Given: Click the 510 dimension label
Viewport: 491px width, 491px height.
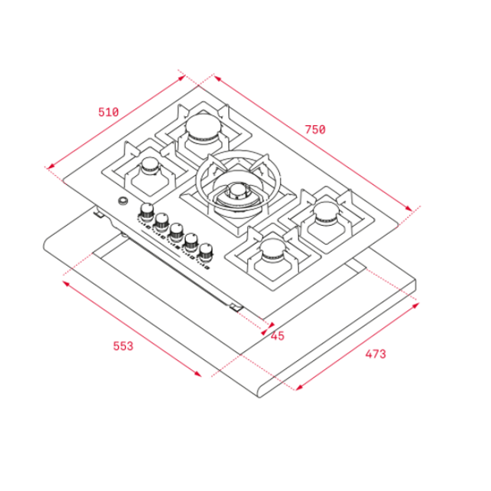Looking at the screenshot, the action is pyautogui.click(x=108, y=112).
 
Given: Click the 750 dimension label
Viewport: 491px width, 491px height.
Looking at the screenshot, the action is pyautogui.click(x=315, y=129).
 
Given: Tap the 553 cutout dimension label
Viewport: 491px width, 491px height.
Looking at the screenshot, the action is pyautogui.click(x=123, y=346).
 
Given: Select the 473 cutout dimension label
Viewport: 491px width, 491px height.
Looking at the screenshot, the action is pyautogui.click(x=376, y=354).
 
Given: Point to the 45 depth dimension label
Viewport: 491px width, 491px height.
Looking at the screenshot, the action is pyautogui.click(x=277, y=336).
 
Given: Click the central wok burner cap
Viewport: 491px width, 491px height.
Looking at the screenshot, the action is pyautogui.click(x=237, y=191).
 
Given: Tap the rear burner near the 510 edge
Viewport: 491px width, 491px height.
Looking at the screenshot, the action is pyautogui.click(x=203, y=128).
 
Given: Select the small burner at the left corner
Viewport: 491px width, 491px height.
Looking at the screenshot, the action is pyautogui.click(x=150, y=165).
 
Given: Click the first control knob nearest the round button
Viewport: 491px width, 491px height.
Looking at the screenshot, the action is pyautogui.click(x=146, y=211).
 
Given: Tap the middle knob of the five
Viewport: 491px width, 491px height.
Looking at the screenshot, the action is pyautogui.click(x=177, y=231).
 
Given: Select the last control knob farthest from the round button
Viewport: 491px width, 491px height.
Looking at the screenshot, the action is pyautogui.click(x=205, y=250).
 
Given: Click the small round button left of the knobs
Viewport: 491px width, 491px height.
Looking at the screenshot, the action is pyautogui.click(x=123, y=200).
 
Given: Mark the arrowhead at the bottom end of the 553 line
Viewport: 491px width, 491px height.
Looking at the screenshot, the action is pyautogui.click(x=198, y=373).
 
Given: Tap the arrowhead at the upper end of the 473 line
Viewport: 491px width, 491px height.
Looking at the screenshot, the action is pyautogui.click(x=415, y=305).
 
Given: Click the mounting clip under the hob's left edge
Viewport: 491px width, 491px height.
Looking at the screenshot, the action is pyautogui.click(x=99, y=214).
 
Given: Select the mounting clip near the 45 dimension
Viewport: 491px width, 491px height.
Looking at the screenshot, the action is pyautogui.click(x=236, y=307).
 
